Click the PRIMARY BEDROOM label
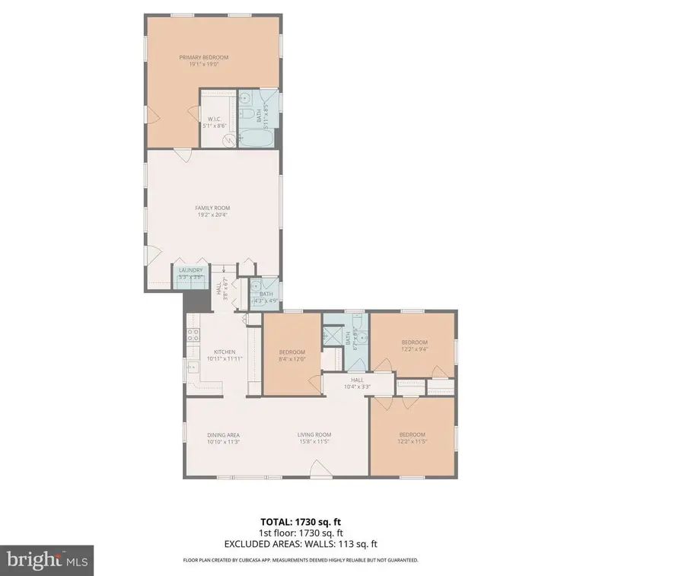point(203,57)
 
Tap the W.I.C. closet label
point(214,119)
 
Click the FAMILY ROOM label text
point(212,208)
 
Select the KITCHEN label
point(224,352)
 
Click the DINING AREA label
point(223,434)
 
